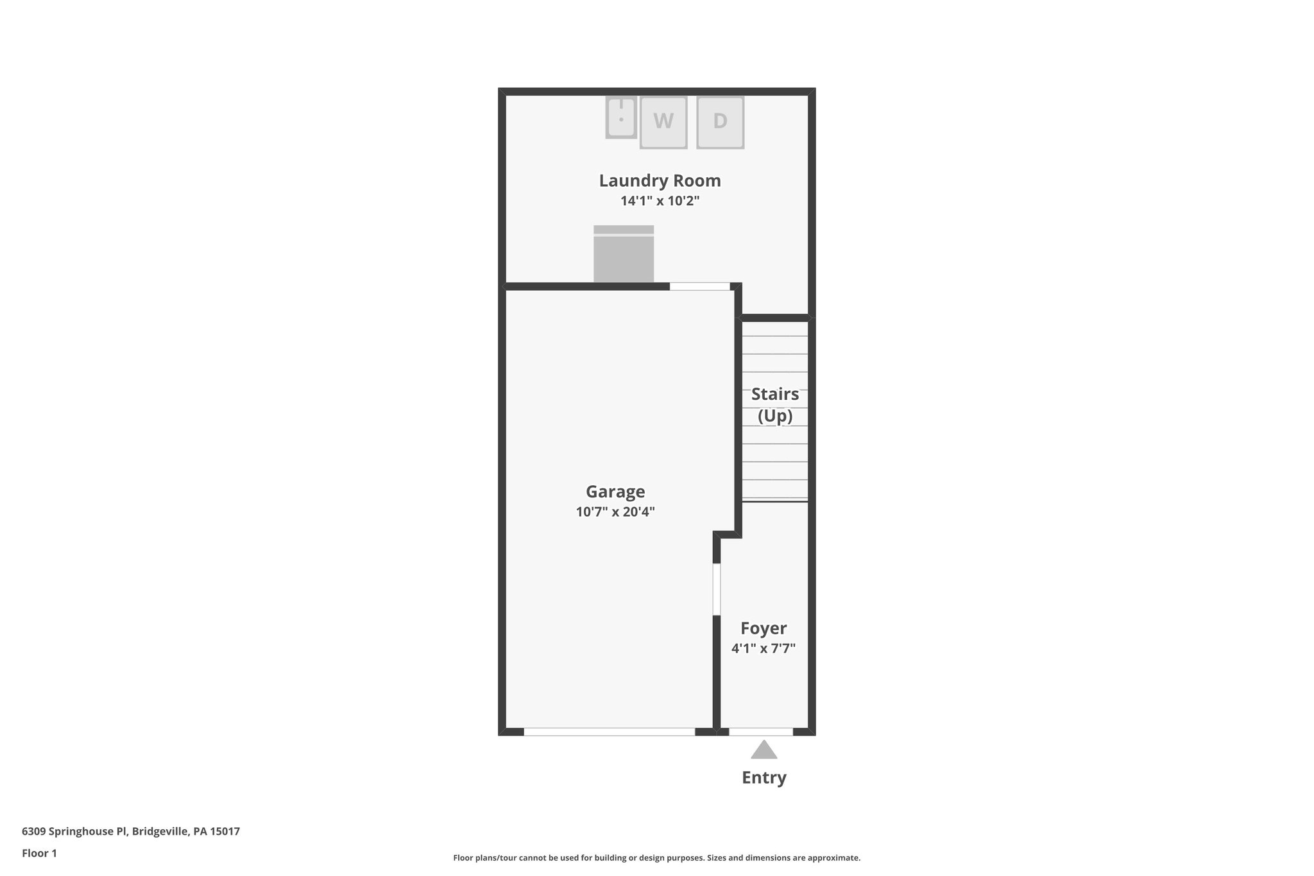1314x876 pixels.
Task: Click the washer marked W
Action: [663, 122]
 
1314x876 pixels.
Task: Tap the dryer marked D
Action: [720, 122]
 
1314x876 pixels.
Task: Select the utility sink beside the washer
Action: [620, 117]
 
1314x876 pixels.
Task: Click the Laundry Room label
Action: [660, 181]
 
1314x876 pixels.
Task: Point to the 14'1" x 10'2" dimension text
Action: [660, 201]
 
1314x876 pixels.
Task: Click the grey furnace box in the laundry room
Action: [623, 257]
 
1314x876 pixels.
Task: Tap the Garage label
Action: [615, 492]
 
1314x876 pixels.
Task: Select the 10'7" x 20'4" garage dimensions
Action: [615, 512]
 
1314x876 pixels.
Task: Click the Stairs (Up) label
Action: [774, 405]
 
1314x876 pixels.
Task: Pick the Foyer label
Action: [763, 628]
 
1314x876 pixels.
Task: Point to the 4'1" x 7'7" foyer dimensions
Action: [763, 649]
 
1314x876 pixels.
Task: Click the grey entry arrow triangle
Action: [764, 751]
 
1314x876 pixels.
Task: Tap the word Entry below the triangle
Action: [764, 778]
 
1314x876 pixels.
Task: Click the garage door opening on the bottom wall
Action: [609, 732]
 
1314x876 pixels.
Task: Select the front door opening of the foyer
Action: [761, 732]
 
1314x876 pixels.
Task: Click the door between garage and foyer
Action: [717, 589]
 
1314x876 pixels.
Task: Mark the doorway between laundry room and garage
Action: [699, 286]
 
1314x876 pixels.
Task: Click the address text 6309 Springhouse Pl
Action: [76, 832]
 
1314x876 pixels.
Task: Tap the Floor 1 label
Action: [39, 854]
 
